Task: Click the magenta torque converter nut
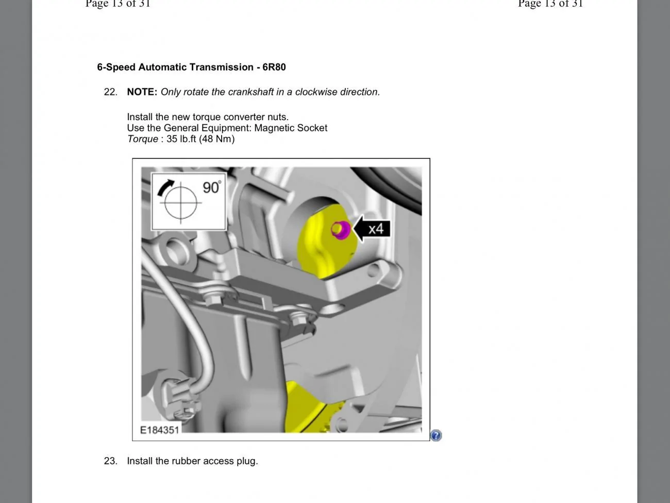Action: pos(341,230)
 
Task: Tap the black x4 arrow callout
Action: pos(372,229)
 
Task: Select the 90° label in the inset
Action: pos(212,187)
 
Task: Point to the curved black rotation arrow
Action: pos(165,187)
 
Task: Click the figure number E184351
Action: pos(159,430)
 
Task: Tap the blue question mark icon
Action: pos(436,435)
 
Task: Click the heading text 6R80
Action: pos(274,67)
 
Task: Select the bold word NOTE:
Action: pos(142,92)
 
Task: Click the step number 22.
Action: pos(110,92)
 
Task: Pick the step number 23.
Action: pos(110,461)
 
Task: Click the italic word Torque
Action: pos(143,139)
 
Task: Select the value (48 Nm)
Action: pos(217,139)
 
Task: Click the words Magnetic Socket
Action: pos(291,128)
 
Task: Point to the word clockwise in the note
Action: pos(316,92)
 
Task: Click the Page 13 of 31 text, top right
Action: pos(550,4)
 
